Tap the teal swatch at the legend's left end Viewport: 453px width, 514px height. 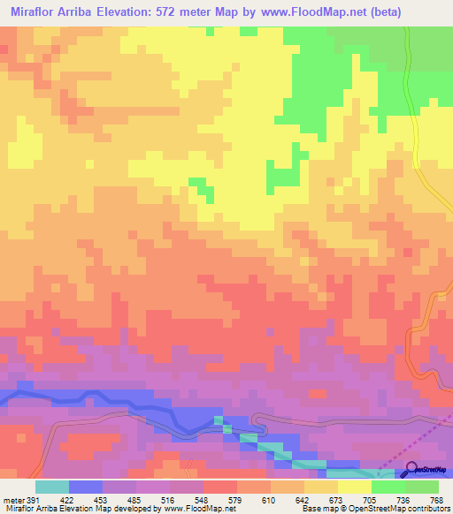(52, 487)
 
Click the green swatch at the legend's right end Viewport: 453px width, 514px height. (422, 487)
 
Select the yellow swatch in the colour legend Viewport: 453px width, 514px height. (354, 487)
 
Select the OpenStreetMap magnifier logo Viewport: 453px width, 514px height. (411, 468)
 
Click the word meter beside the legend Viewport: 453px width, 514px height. (15, 499)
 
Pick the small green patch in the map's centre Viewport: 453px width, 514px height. (205, 189)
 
